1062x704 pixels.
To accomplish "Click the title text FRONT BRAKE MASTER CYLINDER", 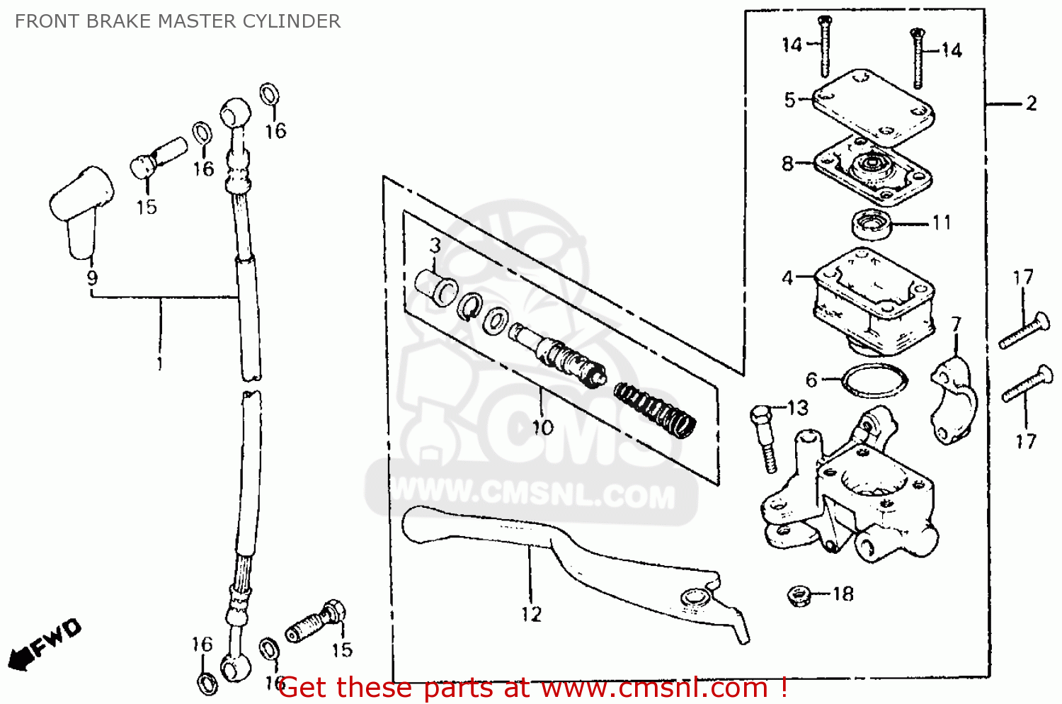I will click(177, 21).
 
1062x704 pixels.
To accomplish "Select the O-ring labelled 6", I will click(874, 381).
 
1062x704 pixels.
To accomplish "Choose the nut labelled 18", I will click(799, 595).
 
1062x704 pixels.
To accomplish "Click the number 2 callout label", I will click(1031, 104).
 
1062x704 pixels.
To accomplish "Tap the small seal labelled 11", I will click(870, 225).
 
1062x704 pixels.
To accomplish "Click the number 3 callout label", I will click(435, 246).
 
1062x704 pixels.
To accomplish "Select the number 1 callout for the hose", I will click(160, 364).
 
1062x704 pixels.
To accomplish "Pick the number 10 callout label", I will click(542, 428).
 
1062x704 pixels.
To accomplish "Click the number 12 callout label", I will click(531, 614).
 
